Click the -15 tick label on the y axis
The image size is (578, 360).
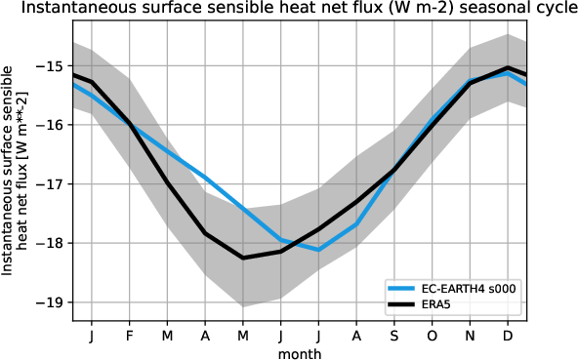pyautogui.click(x=53, y=66)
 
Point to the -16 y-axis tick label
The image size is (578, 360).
pyautogui.click(x=53, y=125)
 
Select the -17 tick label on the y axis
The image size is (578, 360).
pyautogui.click(x=53, y=183)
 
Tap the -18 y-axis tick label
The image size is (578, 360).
pyautogui.click(x=53, y=243)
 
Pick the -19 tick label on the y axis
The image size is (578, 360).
pyautogui.click(x=53, y=301)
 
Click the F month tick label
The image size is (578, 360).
pyautogui.click(x=129, y=336)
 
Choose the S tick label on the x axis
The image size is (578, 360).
pyautogui.click(x=394, y=336)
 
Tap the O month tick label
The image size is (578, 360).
pyautogui.click(x=432, y=336)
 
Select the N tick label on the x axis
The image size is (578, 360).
pyautogui.click(x=470, y=336)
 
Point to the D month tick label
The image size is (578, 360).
pyautogui.click(x=508, y=336)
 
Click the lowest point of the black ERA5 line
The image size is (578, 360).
pyautogui.click(x=243, y=258)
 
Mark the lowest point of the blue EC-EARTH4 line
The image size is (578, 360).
pyautogui.click(x=319, y=250)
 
